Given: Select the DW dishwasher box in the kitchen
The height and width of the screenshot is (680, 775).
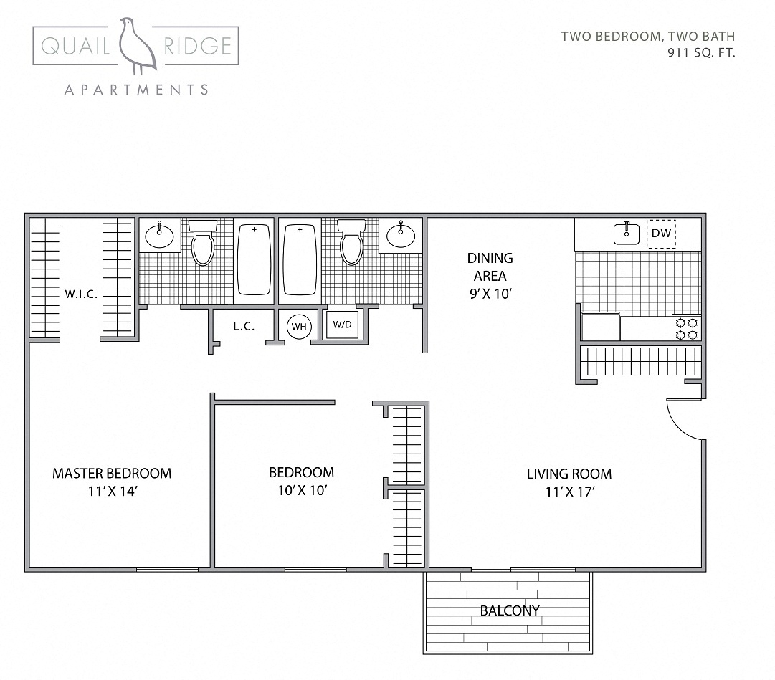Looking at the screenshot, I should click(661, 234).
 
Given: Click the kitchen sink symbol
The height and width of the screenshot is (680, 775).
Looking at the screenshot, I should click(627, 234).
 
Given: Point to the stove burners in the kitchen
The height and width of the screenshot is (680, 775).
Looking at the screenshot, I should click(686, 328).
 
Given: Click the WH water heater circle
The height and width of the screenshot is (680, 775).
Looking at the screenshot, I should click(299, 327).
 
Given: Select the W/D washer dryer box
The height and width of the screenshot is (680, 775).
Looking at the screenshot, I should click(342, 325).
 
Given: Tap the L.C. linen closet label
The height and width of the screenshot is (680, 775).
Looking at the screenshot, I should click(244, 326).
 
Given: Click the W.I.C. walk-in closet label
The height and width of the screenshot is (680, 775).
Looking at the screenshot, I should click(80, 294).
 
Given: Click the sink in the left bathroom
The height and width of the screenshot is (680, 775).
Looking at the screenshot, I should click(158, 235).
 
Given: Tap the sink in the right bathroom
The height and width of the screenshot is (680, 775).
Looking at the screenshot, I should click(400, 235).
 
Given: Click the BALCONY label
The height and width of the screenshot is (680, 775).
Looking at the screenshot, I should click(509, 610).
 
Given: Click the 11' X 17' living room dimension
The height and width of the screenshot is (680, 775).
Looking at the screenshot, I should click(569, 492).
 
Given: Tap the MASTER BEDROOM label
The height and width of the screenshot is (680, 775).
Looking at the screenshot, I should click(112, 473).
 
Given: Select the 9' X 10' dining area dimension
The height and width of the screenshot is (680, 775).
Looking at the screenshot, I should click(490, 294).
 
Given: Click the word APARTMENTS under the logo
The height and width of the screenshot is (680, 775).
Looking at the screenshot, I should click(136, 90).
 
